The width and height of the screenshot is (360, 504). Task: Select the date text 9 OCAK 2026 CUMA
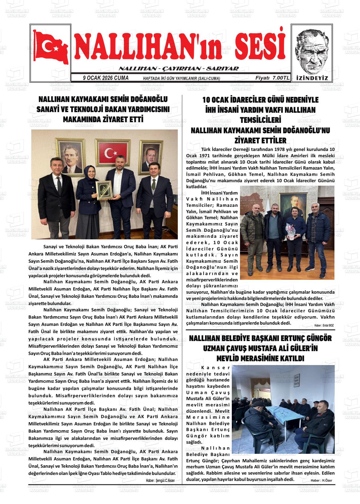pyautogui.click(x=105, y=78)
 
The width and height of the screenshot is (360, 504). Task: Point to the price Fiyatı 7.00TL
pyautogui.click(x=272, y=78)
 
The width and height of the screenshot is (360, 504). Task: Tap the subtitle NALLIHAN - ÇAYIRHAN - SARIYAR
pyautogui.click(x=178, y=69)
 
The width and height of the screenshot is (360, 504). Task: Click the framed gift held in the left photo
pyautogui.click(x=104, y=190)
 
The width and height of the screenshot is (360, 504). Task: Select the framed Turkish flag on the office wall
pyautogui.click(x=112, y=153)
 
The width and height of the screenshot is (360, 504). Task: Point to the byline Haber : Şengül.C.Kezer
pyautogui.click(x=160, y=480)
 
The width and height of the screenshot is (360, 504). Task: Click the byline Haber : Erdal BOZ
pyautogui.click(x=324, y=325)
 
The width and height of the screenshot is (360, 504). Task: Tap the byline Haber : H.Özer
pyautogui.click(x=321, y=480)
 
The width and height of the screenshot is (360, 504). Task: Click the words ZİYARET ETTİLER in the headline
pyautogui.click(x=260, y=140)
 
